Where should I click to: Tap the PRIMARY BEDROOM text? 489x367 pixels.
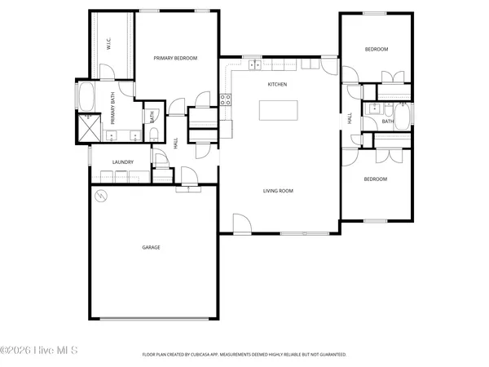point(175,58)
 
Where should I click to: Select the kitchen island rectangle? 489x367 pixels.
point(280,109)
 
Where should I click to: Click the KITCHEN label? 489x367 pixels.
point(279,84)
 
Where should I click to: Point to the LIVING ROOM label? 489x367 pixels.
point(278,192)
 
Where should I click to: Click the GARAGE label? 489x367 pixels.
point(151,247)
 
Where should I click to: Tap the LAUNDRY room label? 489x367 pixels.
point(122,162)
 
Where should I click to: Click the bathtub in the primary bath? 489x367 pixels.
point(86,98)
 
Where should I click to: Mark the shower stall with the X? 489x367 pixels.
point(87,129)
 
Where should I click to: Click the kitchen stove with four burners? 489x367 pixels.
point(226,100)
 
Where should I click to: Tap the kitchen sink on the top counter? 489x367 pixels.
point(253,64)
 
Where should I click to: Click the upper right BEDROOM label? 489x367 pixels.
point(376,50)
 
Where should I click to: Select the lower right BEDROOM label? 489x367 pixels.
point(375,179)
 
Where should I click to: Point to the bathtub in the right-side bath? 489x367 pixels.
point(403,122)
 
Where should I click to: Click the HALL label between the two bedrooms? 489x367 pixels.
point(350,119)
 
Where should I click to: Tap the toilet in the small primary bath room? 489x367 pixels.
point(153,134)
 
